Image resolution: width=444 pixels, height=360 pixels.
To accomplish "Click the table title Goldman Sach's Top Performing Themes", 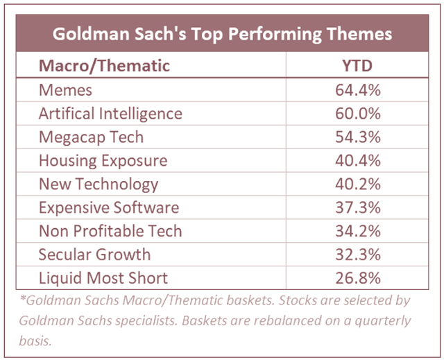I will pyautogui.click(x=221, y=33).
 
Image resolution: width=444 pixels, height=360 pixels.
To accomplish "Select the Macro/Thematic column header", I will pyautogui.click(x=105, y=66).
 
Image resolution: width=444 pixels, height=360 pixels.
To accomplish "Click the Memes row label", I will pyautogui.click(x=65, y=89).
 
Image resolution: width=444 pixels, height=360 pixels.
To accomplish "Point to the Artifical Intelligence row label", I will pyautogui.click(x=110, y=113).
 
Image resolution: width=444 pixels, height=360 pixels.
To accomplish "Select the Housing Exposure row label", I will pyautogui.click(x=103, y=160).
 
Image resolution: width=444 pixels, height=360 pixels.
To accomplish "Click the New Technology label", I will pyautogui.click(x=99, y=184).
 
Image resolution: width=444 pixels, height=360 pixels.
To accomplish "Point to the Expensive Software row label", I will pyautogui.click(x=109, y=207).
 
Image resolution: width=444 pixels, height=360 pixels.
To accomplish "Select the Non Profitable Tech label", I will pyautogui.click(x=110, y=231).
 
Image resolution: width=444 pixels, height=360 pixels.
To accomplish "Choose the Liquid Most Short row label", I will pyautogui.click(x=103, y=278).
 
